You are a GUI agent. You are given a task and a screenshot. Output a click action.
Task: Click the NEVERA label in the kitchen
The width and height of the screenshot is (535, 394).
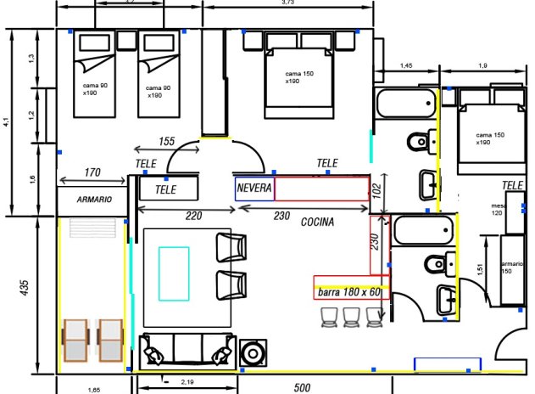point(254,189)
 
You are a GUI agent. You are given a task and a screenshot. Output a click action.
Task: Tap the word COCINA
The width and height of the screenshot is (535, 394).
point(317,222)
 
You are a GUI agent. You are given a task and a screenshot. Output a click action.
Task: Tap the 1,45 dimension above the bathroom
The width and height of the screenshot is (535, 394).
point(407,65)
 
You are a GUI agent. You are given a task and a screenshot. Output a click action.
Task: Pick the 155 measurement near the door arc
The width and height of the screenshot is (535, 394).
point(166,141)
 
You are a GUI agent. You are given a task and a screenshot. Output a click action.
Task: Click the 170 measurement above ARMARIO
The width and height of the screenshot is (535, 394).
point(92,173)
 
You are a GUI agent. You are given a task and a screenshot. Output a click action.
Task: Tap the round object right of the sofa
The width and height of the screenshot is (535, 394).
point(253,352)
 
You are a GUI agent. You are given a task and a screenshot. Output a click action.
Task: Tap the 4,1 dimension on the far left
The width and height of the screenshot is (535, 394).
point(7,121)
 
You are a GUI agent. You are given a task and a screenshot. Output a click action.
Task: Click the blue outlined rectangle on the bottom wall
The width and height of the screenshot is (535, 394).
point(447,364)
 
